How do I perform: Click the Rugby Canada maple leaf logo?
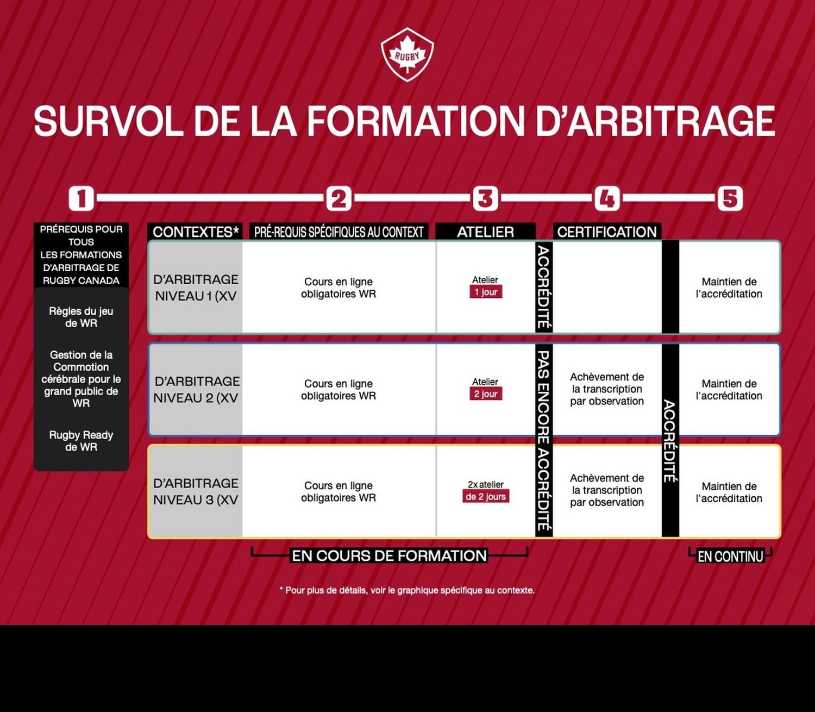(407, 55)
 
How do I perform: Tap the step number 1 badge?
(81, 198)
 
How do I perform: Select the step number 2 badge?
(339, 198)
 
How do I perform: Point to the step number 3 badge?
(485, 198)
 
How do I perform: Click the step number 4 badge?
(607, 198)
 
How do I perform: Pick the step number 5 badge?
(730, 198)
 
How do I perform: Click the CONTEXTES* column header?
(195, 232)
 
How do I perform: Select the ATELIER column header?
(485, 232)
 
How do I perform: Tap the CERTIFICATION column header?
(607, 232)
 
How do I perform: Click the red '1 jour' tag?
(486, 292)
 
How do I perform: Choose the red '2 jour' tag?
(486, 394)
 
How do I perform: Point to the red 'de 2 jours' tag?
(486, 496)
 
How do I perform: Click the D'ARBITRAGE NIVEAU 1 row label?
(196, 288)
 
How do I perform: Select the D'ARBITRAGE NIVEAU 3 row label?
(196, 491)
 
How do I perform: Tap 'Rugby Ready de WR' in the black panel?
(81, 441)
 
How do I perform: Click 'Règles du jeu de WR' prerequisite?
(81, 317)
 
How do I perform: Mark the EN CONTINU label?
(730, 557)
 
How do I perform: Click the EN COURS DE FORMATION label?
(389, 556)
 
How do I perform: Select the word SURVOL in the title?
(109, 122)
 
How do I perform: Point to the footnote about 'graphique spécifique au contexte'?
(407, 590)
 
